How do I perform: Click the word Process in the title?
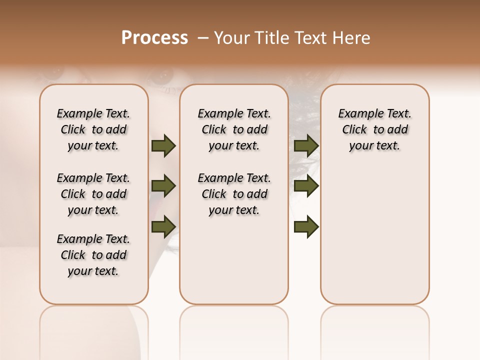coord(154,38)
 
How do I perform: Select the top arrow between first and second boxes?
coord(163,146)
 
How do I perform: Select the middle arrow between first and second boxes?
coord(163,186)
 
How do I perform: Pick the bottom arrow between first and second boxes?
coord(163,226)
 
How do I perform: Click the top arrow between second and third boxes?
coord(306,146)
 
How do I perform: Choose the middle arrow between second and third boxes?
coord(306,186)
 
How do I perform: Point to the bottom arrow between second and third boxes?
coord(306,227)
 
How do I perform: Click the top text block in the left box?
coord(93,129)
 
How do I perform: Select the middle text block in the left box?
coord(93,194)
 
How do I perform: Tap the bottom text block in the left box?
coord(93,255)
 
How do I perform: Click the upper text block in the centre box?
coord(234,129)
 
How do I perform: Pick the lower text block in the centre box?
coord(234,194)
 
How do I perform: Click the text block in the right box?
coord(374,129)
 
